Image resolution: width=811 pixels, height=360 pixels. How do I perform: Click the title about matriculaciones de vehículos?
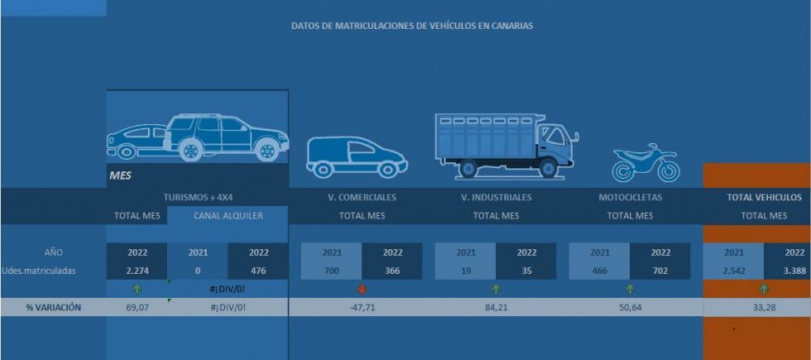pyautogui.click(x=412, y=26)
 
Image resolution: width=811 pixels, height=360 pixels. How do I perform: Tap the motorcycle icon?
pyautogui.click(x=645, y=163)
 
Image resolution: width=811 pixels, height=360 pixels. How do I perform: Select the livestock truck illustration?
pyautogui.click(x=506, y=145)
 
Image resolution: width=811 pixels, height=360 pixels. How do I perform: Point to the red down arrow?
pyautogui.click(x=362, y=289)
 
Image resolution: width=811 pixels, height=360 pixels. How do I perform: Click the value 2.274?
pyautogui.click(x=137, y=270)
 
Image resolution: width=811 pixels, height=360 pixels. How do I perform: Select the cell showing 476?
pyautogui.click(x=258, y=270)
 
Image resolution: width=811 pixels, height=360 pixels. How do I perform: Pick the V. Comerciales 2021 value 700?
pyautogui.click(x=331, y=270)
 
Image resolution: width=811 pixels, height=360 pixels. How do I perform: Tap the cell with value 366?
pyautogui.click(x=392, y=270)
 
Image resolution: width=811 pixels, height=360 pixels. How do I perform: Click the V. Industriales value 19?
pyautogui.click(x=466, y=270)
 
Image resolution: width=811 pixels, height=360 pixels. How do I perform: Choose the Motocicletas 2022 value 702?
pyautogui.click(x=660, y=270)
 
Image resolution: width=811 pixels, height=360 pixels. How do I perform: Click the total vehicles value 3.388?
pyautogui.click(x=794, y=270)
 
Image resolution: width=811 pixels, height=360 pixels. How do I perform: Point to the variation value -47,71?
pyautogui.click(x=362, y=307)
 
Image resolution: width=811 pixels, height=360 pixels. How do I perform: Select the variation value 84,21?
pyautogui.click(x=496, y=307)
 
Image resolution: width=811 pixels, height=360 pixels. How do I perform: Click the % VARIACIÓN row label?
pyautogui.click(x=53, y=307)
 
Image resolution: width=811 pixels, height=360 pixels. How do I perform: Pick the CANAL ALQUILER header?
pyautogui.click(x=228, y=216)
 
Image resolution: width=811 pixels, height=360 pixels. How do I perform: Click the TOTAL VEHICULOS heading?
pyautogui.click(x=764, y=198)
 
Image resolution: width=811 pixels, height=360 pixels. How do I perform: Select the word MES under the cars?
pyautogui.click(x=120, y=175)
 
